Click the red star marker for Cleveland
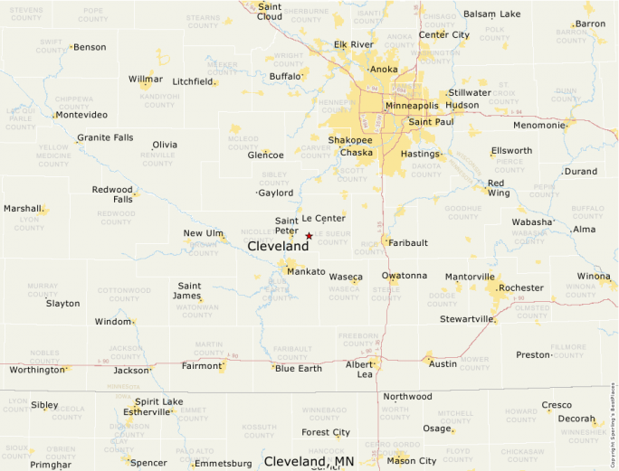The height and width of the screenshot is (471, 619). [x=309, y=236]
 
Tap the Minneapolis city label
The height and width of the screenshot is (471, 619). [x=412, y=106]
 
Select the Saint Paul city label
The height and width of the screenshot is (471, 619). [x=431, y=121]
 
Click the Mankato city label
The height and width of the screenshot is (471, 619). [x=306, y=271]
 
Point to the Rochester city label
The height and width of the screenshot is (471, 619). [x=520, y=287]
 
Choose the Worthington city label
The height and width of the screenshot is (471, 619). [x=37, y=370]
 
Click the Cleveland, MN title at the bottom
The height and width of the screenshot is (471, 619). [x=309, y=461]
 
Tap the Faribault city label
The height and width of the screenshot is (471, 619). [x=409, y=243]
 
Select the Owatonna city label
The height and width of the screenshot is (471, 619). [x=403, y=275]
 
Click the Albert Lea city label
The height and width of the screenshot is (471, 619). [x=359, y=369]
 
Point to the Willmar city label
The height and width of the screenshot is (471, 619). [x=145, y=80]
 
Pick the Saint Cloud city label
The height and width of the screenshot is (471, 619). [x=269, y=11]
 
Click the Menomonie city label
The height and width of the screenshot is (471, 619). [x=538, y=125]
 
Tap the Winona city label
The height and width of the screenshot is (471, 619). [x=594, y=276]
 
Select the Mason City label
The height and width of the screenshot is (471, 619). [x=412, y=461]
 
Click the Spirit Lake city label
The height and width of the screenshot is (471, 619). [x=158, y=401]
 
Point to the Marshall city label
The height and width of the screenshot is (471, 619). [x=23, y=208]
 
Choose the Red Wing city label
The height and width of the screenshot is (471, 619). [x=498, y=188]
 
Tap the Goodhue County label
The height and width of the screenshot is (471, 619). [x=462, y=212]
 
